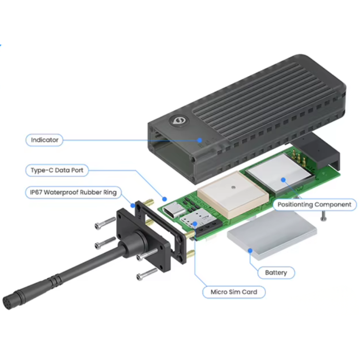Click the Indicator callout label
click(45, 140)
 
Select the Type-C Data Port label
click(57, 170)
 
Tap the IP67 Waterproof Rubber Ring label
click(73, 192)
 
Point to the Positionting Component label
click(315, 204)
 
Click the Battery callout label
click(276, 272)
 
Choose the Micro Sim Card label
click(234, 292)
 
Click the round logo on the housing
click(179, 120)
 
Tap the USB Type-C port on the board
click(174, 210)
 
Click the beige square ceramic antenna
click(233, 195)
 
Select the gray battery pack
click(272, 235)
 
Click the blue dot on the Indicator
click(200, 140)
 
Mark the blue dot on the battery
click(250, 251)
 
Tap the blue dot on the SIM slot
click(195, 224)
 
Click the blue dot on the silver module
click(283, 180)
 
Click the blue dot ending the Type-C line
click(165, 199)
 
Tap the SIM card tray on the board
click(197, 218)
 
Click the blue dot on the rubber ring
click(133, 205)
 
